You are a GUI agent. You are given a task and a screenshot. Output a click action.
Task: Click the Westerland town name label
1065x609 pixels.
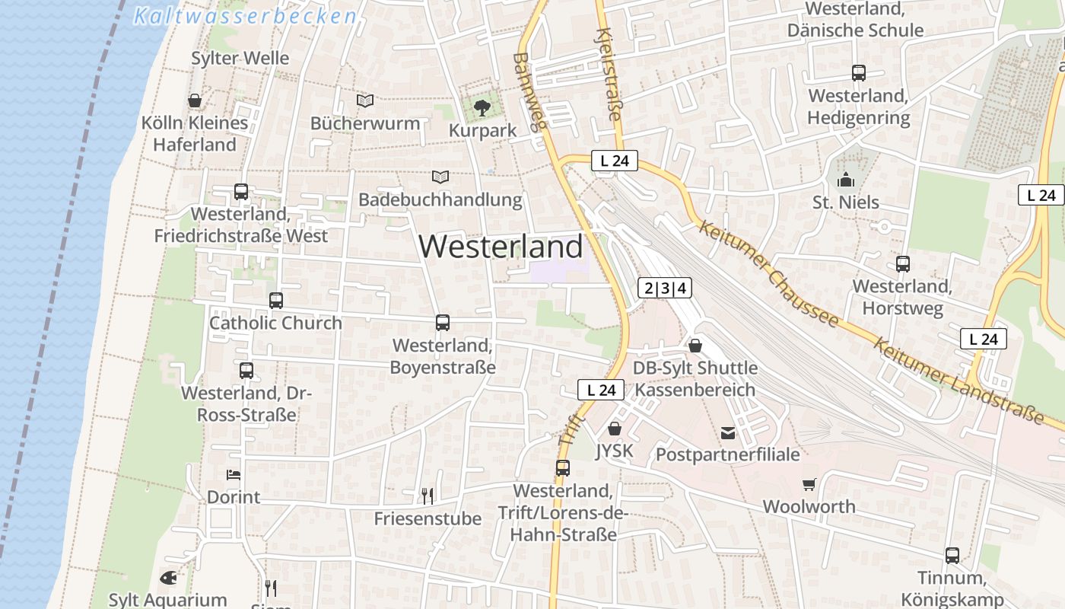pos(501,247)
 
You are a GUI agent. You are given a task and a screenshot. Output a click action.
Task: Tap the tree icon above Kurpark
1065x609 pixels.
pos(482,107)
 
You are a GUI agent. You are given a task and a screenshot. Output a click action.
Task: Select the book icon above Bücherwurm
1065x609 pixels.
pos(365,100)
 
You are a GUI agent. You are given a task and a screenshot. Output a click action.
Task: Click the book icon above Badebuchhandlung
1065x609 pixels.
pos(440,177)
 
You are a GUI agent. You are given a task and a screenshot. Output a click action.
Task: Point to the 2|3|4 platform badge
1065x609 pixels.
pos(665,288)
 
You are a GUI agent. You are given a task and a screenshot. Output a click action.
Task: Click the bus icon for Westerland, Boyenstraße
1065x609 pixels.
pos(443,323)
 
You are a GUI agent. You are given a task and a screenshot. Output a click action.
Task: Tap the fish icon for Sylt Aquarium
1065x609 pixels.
pos(168,578)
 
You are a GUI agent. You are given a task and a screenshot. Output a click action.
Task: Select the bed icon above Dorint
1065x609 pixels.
pos(234,475)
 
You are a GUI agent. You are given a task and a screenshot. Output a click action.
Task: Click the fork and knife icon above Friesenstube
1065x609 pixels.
pos(428,496)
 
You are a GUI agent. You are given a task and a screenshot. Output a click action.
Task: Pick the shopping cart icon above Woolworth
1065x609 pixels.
pos(809,484)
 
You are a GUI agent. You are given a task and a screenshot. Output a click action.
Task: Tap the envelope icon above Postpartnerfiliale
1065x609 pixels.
pos(728,433)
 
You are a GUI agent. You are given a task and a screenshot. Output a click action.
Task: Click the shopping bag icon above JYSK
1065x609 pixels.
pos(615,429)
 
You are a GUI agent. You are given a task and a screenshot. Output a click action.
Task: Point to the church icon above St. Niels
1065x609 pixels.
pos(845,180)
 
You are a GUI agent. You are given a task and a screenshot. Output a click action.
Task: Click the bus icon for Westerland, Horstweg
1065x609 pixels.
pos(903,264)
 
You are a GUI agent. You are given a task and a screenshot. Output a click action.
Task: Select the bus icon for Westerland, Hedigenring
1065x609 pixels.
pos(859,73)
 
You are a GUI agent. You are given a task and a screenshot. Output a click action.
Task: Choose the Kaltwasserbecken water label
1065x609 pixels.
pos(245,16)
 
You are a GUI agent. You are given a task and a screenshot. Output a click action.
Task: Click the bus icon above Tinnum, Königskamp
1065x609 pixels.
pos(952,556)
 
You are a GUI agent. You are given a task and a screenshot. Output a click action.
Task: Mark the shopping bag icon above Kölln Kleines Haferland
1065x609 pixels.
pos(195,100)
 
